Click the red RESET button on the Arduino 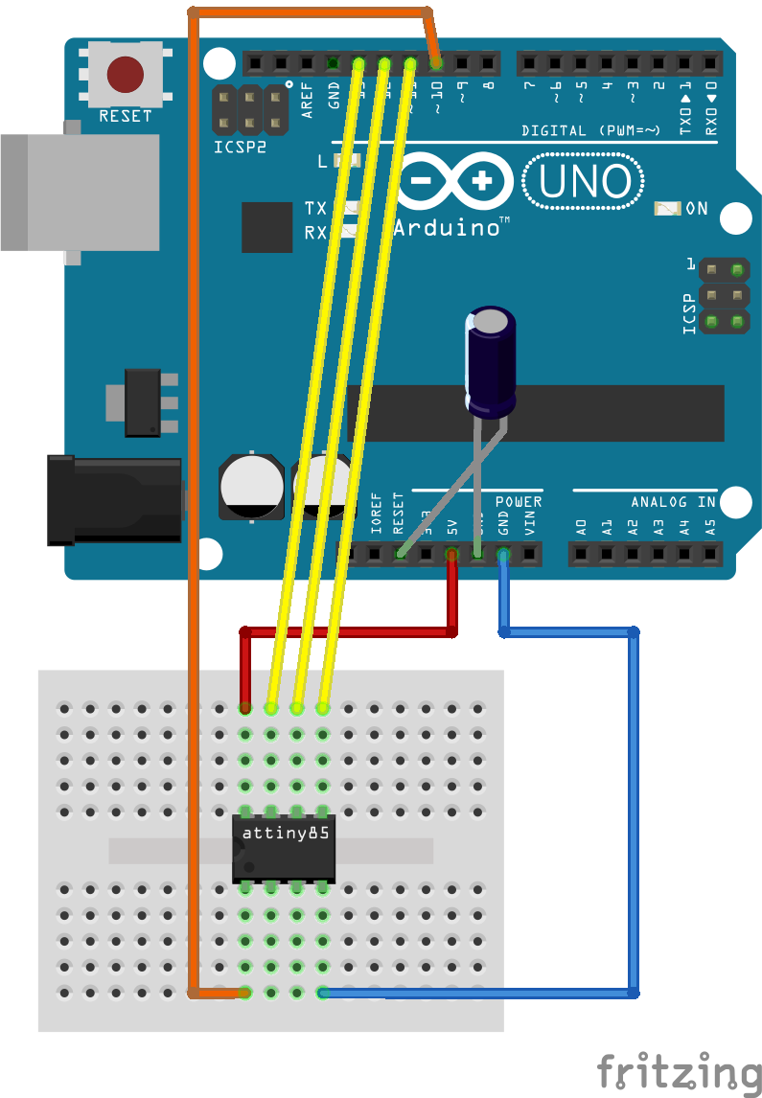click(126, 73)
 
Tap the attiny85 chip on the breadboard click(284, 847)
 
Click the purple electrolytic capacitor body click(491, 361)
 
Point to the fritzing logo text click(679, 1069)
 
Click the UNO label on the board click(584, 182)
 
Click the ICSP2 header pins click(249, 110)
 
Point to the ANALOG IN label click(673, 502)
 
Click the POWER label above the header click(519, 502)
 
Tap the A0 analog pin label click(580, 526)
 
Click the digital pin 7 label click(529, 87)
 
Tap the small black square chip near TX click(266, 227)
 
